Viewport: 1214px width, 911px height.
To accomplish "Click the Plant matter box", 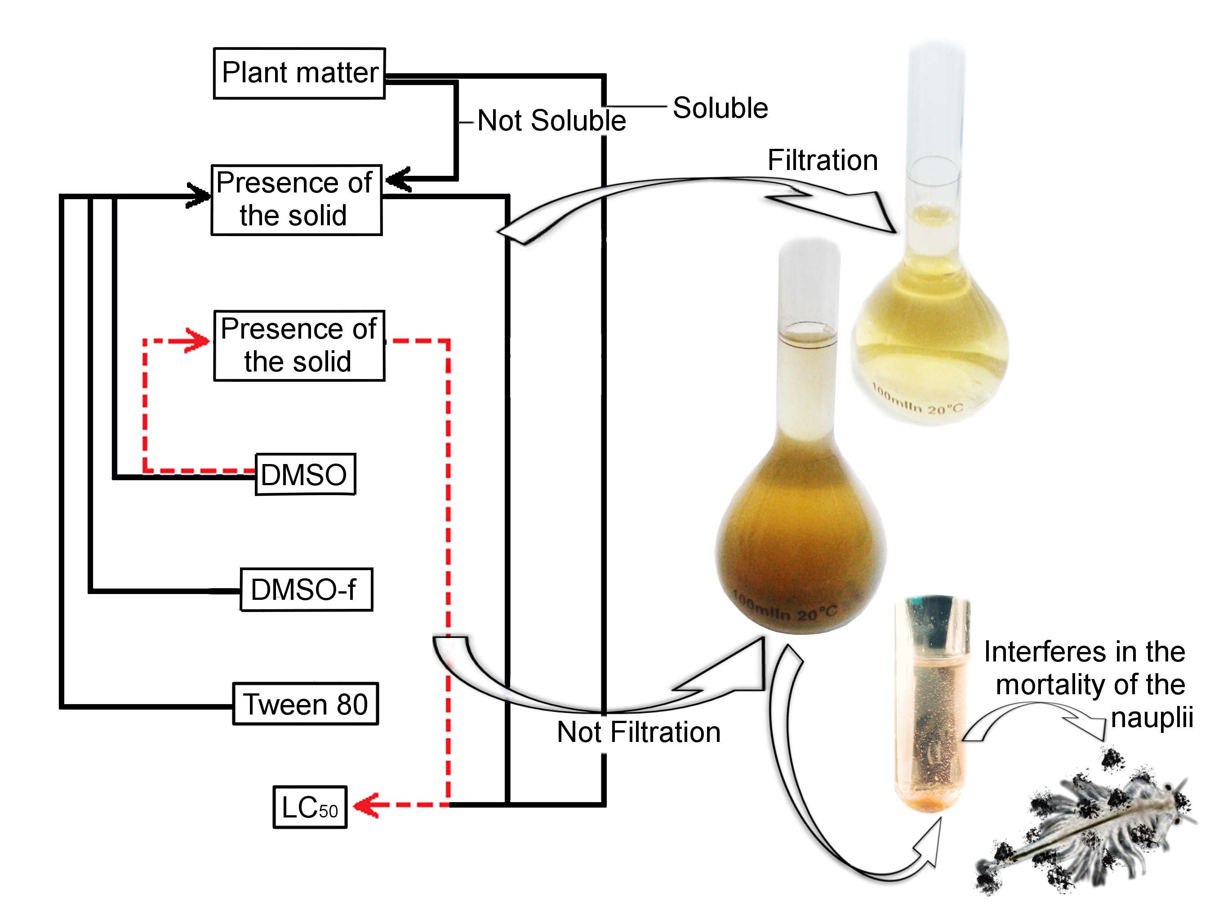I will pyautogui.click(x=299, y=73).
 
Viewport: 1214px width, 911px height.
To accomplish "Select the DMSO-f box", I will pyautogui.click(x=306, y=589).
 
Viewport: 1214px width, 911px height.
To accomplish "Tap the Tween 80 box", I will pyautogui.click(x=305, y=704).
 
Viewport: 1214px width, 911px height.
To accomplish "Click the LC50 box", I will pyautogui.click(x=310, y=807).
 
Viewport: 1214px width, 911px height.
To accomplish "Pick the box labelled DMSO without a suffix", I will pyautogui.click(x=305, y=474).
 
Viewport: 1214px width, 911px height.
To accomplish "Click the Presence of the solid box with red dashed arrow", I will pyautogui.click(x=298, y=345).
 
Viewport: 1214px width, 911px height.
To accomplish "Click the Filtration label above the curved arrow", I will pyautogui.click(x=822, y=161).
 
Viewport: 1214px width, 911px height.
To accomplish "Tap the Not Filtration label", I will pyautogui.click(x=638, y=732).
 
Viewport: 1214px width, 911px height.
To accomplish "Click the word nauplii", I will pyautogui.click(x=1152, y=717).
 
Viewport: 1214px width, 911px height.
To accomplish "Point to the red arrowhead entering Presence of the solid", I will pyautogui.click(x=196, y=341).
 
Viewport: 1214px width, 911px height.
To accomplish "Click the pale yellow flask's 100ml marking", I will pyautogui.click(x=918, y=402).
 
